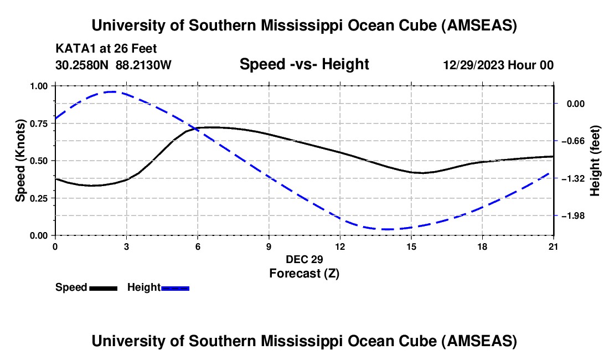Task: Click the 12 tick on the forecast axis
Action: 340,246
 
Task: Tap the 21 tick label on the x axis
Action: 554,246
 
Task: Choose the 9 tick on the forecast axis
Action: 269,246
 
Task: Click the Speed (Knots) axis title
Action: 20,161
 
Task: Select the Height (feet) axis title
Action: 595,161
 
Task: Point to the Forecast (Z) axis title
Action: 304,273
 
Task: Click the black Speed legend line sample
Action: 103,288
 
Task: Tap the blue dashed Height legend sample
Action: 176,288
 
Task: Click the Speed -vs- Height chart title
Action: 304,65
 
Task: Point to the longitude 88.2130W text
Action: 143,65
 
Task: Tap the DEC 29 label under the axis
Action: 304,259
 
